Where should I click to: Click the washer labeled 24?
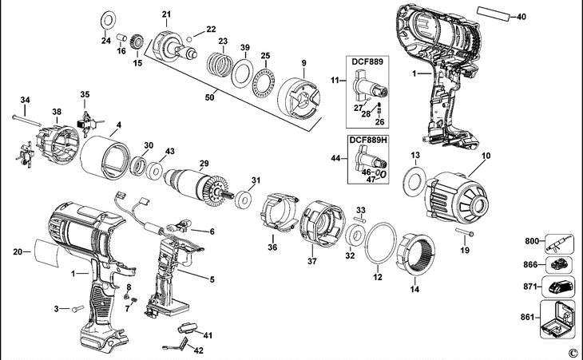tap(107, 18)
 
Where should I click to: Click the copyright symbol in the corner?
tap(572, 352)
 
